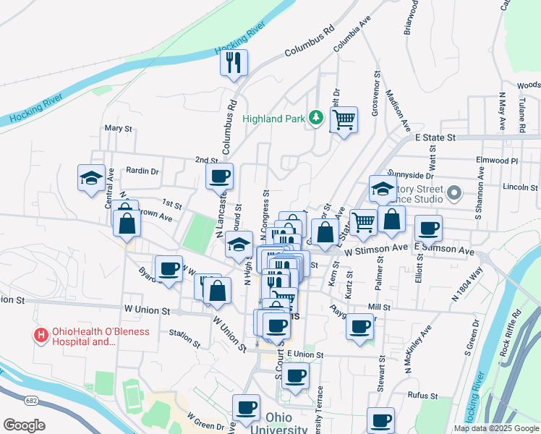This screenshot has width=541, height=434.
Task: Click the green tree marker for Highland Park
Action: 315,117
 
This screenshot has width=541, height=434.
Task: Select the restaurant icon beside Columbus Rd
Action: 234,63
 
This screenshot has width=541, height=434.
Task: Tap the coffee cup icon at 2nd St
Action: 219,175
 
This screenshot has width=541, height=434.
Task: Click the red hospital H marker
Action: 41,335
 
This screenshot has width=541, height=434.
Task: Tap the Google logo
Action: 24,425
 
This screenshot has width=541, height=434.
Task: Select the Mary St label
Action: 119,128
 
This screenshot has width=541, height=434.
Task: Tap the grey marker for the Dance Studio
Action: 454,193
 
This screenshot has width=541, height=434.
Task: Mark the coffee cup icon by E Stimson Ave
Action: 428,228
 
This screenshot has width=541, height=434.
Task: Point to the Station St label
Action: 184,336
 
